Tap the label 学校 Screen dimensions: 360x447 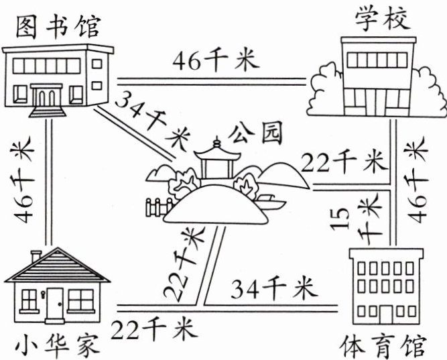coord(381,19)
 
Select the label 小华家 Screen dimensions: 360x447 coord(54,346)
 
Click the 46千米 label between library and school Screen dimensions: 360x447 coord(214,61)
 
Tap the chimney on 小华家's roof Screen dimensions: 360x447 coord(36,255)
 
